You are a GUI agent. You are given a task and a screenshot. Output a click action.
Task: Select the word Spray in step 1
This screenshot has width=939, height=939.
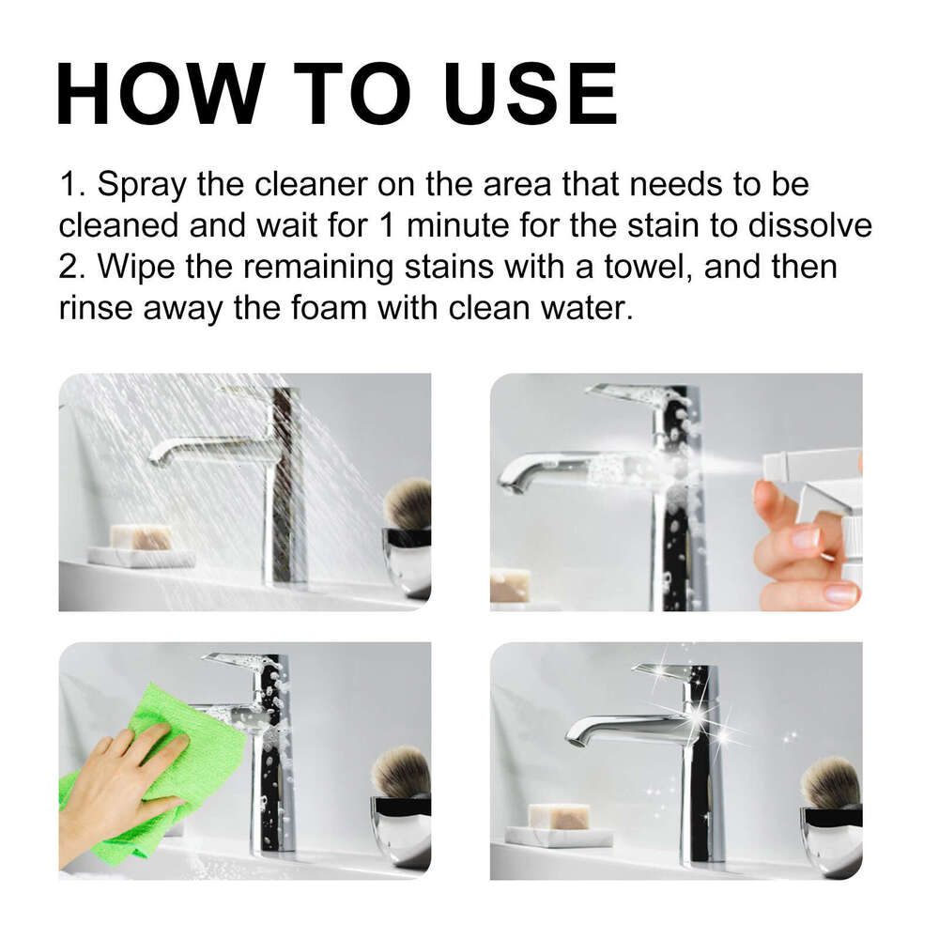tap(142, 184)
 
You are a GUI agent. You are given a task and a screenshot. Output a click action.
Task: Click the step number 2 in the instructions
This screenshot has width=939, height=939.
tap(71, 267)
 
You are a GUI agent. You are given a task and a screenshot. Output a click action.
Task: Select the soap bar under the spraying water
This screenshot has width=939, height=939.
tap(140, 537)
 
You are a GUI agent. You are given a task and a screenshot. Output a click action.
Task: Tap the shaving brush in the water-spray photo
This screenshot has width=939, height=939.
tap(408, 503)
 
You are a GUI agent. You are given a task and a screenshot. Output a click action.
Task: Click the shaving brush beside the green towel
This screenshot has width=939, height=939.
tap(401, 772)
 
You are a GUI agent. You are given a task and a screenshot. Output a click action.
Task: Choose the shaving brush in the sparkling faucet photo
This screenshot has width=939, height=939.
tap(830, 781)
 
